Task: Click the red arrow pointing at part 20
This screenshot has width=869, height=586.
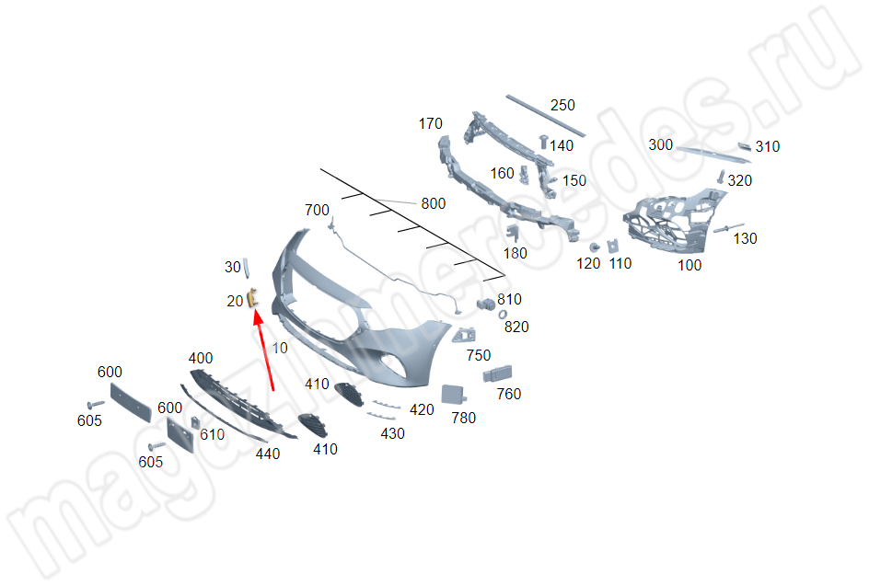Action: coord(264,350)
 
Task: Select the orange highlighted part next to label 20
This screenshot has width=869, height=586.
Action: coord(252,298)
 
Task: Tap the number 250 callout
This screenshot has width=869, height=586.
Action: coord(562,105)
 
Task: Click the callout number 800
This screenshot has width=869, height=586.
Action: coord(434,204)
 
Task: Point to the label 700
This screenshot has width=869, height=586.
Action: coord(317,211)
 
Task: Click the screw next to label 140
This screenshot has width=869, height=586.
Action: coord(544,142)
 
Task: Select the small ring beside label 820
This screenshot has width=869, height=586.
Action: coord(503,315)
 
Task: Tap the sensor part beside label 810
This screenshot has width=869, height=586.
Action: coord(485,304)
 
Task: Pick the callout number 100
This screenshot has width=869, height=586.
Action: coord(689,265)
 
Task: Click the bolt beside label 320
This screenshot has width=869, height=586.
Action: coord(721,177)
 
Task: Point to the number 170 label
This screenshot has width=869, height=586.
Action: coord(431,123)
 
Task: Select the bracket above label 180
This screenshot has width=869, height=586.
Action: coord(513,233)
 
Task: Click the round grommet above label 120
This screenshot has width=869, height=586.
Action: coord(595,247)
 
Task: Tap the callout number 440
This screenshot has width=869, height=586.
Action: coord(268,454)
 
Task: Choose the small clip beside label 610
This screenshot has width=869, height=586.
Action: coord(196,423)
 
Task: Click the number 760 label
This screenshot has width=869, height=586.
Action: coord(509,395)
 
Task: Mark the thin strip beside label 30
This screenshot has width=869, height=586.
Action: coord(246,268)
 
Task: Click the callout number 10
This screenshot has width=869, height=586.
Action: coord(280,348)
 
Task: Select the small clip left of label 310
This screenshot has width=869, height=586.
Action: coord(744,146)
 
